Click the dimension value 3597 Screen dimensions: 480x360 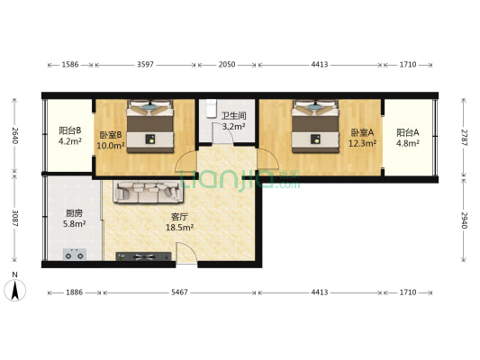pyautogui.click(x=145, y=65)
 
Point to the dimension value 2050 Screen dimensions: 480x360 pyautogui.click(x=227, y=65)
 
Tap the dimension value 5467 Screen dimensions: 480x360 pyautogui.click(x=179, y=292)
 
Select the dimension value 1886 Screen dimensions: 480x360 pyautogui.click(x=75, y=292)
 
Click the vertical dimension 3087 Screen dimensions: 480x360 pyautogui.click(x=14, y=218)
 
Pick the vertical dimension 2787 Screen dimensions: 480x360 pyautogui.click(x=465, y=138)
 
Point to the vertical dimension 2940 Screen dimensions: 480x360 pyautogui.click(x=465, y=220)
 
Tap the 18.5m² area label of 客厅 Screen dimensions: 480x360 pyautogui.click(x=179, y=228)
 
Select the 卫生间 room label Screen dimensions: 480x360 pyautogui.click(x=234, y=116)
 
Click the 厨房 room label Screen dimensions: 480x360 pyautogui.click(x=74, y=213)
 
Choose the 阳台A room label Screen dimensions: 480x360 pyautogui.click(x=408, y=132)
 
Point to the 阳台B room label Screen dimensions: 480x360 pyautogui.click(x=70, y=130)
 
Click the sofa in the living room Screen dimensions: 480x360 pyautogui.click(x=149, y=192)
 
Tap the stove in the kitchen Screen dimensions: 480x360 pyautogui.click(x=75, y=255)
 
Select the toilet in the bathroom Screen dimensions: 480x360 pyautogui.click(x=211, y=109)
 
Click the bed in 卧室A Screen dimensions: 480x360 pyautogui.click(x=315, y=126)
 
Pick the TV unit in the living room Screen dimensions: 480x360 pyautogui.click(x=143, y=256)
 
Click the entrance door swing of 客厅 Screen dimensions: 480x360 pyautogui.click(x=186, y=253)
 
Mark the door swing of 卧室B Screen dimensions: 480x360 pyautogui.click(x=185, y=161)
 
